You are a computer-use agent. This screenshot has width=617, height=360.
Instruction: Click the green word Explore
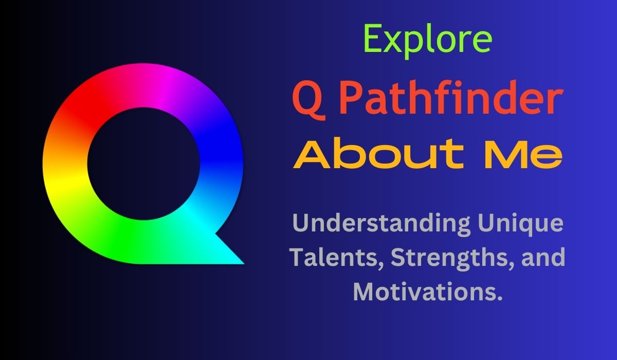[428, 41]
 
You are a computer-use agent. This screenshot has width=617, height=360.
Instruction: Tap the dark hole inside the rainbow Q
[143, 164]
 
